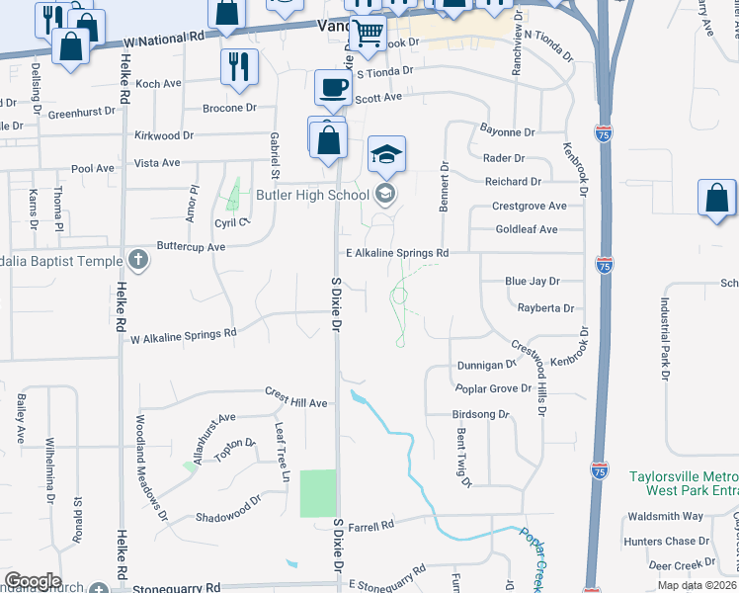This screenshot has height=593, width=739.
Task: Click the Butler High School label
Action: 312,195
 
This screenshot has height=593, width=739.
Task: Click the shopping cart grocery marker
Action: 369,33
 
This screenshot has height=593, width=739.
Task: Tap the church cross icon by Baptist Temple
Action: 139,261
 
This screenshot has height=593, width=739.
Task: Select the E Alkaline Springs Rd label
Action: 396,253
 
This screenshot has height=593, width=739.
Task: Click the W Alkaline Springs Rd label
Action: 184,335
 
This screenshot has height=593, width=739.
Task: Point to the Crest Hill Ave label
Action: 295,398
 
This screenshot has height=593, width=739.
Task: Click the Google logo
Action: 32,581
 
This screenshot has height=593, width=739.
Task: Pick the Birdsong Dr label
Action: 479,415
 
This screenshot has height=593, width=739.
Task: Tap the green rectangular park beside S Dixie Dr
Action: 318,493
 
